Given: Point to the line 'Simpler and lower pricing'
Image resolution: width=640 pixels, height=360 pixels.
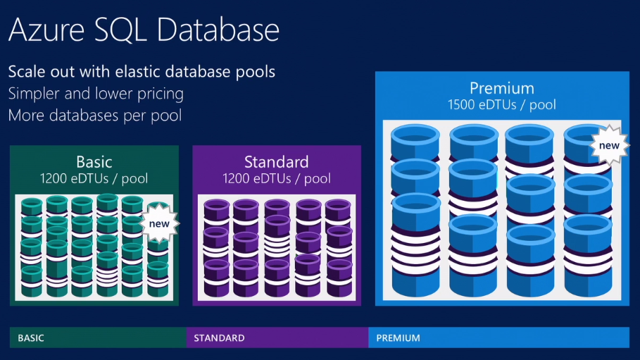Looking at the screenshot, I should pyautogui.click(x=96, y=94).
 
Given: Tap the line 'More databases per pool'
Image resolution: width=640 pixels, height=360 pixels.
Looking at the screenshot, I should pyautogui.click(x=95, y=116).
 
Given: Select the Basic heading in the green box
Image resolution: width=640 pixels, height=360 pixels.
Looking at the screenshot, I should pyautogui.click(x=94, y=162).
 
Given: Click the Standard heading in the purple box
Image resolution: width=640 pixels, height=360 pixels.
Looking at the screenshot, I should pyautogui.click(x=276, y=162).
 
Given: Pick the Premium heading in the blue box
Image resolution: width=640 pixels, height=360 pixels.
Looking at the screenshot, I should pyautogui.click(x=501, y=88).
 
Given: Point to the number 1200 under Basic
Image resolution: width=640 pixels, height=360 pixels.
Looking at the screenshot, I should pyautogui.click(x=55, y=179).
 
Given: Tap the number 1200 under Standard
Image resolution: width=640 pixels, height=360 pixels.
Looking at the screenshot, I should pyautogui.click(x=237, y=179).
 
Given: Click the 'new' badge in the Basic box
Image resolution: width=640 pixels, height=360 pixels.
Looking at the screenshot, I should pyautogui.click(x=160, y=223).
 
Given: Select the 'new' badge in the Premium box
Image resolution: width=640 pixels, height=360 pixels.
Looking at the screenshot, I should pyautogui.click(x=609, y=146).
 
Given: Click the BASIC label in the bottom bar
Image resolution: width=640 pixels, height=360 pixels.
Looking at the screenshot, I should pyautogui.click(x=31, y=338).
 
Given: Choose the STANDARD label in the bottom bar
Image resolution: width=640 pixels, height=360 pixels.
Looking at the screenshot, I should pyautogui.click(x=219, y=338).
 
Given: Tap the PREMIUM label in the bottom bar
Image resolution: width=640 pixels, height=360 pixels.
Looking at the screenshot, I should pyautogui.click(x=398, y=338).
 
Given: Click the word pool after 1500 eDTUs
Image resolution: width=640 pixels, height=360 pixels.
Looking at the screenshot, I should pyautogui.click(x=541, y=105).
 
